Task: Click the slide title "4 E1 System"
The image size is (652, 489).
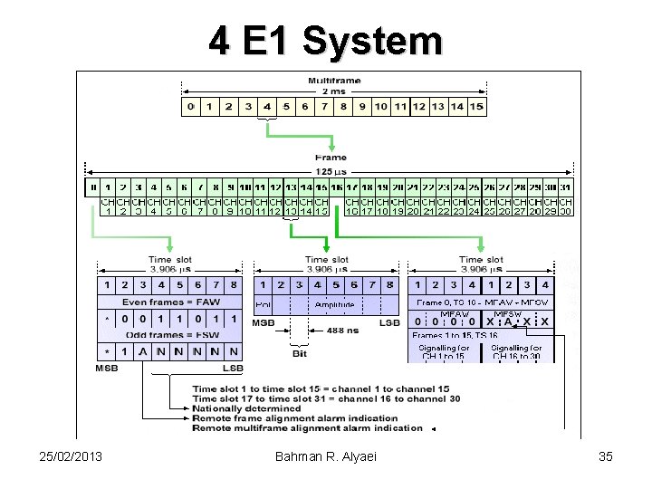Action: coord(325,41)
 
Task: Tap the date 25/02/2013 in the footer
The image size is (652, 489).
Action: coord(64,456)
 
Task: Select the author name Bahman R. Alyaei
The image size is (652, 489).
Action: coord(327,456)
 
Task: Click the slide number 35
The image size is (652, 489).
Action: coord(606,456)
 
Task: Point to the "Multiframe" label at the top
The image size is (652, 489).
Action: coord(334,81)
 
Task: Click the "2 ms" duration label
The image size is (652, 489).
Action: coord(333,91)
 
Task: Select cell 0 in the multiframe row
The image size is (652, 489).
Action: coord(191,107)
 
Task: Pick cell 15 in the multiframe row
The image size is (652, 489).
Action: coord(476,107)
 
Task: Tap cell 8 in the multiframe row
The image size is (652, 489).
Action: coord(342,107)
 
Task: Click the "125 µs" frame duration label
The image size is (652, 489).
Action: coord(331,171)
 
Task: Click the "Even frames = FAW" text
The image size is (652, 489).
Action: coord(171,302)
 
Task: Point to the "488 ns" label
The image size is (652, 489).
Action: coord(340,331)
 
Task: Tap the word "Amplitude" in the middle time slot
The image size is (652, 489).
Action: coord(334,305)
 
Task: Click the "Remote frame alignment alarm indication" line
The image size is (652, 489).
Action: coord(294,418)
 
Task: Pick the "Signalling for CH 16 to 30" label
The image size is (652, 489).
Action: coord(516,352)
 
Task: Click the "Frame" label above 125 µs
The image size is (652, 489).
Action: coord(331,158)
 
